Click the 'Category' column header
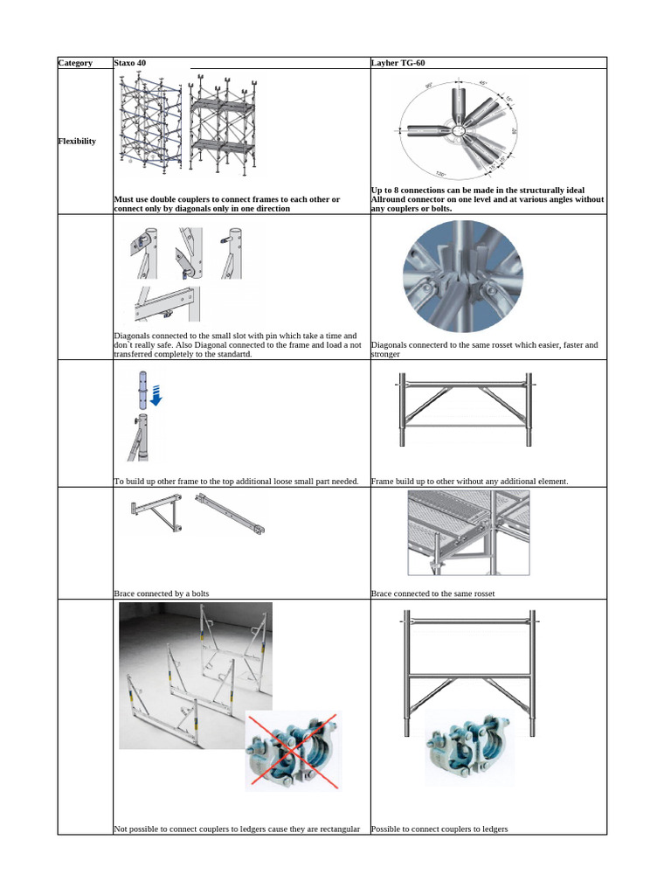point(75,63)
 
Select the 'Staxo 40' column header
point(130,63)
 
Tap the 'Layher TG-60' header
point(398,63)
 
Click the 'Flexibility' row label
point(77,141)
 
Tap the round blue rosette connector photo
point(462,277)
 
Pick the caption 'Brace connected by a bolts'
point(162,593)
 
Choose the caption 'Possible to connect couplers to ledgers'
point(439,829)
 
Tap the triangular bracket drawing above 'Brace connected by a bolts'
point(155,516)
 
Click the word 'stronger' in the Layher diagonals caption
point(385,354)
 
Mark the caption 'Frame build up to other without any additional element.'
point(469,481)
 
